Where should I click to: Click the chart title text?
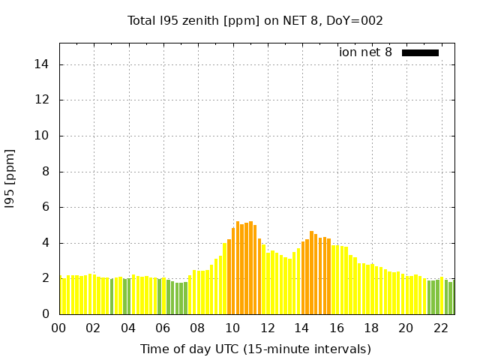tap(255, 20)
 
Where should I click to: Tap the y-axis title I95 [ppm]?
tap(10, 179)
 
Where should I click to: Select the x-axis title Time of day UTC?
tap(255, 349)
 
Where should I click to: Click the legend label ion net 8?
tap(365, 52)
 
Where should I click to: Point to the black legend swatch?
tap(420, 52)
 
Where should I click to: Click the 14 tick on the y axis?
tap(43, 64)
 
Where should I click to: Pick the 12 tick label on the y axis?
tap(43, 100)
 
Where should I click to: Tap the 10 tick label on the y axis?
tap(43, 136)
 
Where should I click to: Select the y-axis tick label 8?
tap(46, 172)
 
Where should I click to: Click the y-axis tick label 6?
tap(46, 207)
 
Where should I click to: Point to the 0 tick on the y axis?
tap(46, 314)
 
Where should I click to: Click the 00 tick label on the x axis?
tap(58, 328)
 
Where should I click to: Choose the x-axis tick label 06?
tap(163, 328)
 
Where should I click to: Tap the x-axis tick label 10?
tap(232, 328)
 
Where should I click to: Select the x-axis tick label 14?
tap(301, 328)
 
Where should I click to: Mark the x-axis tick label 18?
tap(371, 328)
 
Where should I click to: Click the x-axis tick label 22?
tap(440, 328)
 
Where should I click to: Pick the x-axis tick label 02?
tap(93, 328)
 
